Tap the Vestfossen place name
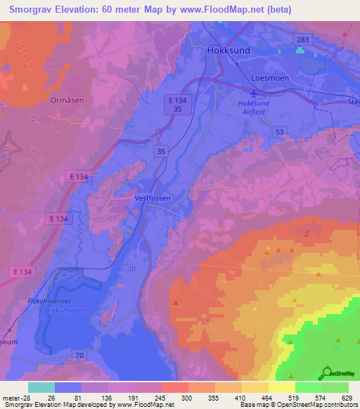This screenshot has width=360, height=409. (152, 199)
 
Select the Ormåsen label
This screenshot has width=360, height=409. (67, 100)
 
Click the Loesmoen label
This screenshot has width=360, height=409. (271, 78)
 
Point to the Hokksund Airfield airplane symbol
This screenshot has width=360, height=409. (254, 93)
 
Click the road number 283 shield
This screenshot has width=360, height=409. (303, 40)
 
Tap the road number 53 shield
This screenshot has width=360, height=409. (279, 131)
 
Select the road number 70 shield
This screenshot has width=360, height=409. (80, 356)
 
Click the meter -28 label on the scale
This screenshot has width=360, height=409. (15, 397)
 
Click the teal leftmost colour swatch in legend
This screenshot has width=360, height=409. (41, 387)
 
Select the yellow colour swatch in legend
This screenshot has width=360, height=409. (282, 387)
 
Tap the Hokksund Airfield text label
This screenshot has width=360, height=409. (254, 107)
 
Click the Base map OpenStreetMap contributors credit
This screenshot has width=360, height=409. (295, 405)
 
